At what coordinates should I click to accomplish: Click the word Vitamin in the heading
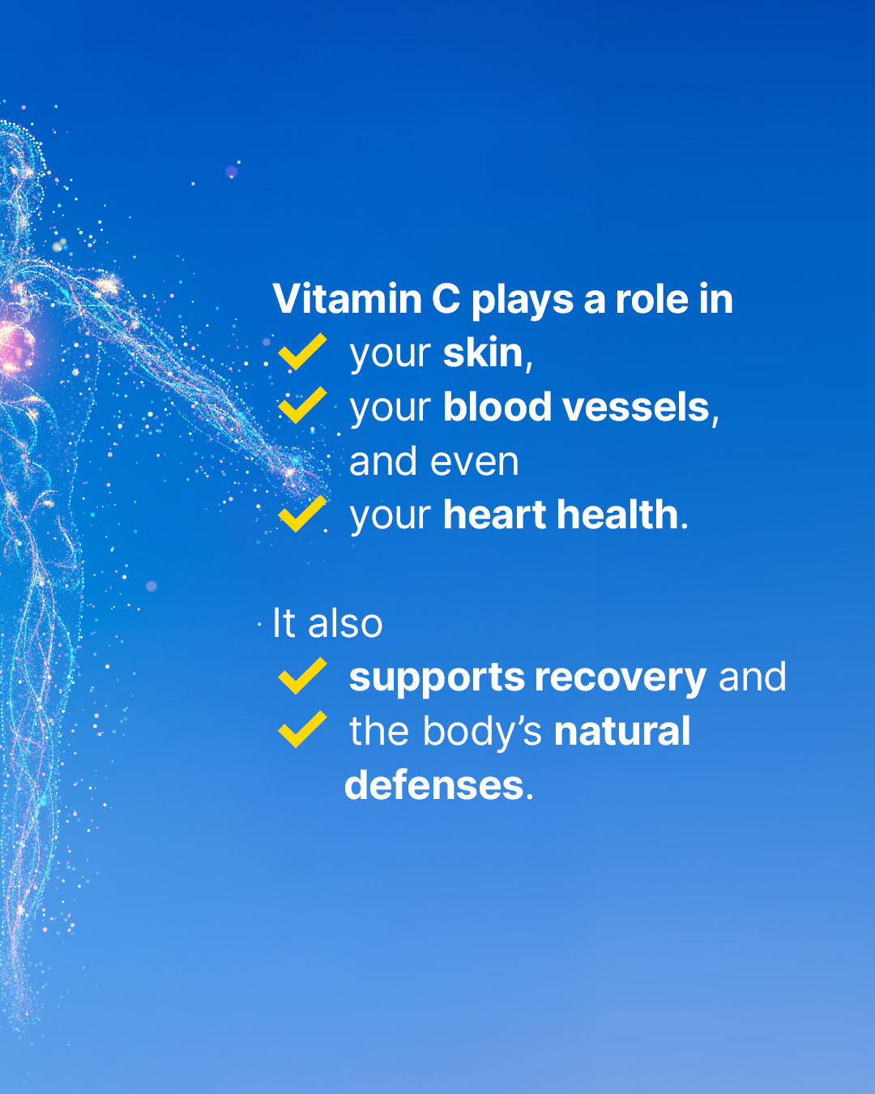coord(348,299)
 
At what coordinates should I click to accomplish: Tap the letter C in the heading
coord(446,299)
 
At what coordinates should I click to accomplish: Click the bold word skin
coord(483,353)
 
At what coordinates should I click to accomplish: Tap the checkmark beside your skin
coord(302,351)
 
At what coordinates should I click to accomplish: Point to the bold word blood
coord(497,407)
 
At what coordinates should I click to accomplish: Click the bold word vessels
coord(635,407)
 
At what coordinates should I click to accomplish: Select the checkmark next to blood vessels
coord(302,404)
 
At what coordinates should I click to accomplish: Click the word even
coord(474,462)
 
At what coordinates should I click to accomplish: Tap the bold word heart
coord(495,515)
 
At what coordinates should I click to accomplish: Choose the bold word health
coord(617,515)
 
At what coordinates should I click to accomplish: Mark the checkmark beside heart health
coord(302,514)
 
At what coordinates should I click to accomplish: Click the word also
coord(344,622)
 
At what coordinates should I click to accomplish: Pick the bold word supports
coord(437,678)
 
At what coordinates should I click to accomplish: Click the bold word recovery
coord(621,678)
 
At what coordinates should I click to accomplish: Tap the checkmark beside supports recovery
coord(302,676)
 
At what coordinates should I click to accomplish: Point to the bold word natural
coord(622,732)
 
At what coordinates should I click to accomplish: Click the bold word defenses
coord(434,785)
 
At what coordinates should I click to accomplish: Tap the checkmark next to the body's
coord(302,729)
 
